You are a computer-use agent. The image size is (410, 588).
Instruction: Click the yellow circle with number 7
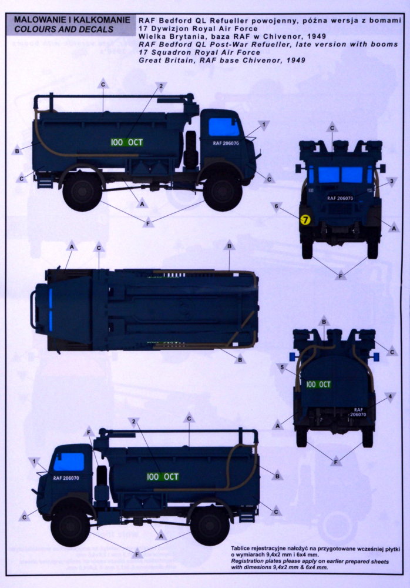[x=306, y=220]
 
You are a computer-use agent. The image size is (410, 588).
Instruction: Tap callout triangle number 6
[x=277, y=206]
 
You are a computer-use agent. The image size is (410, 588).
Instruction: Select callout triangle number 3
[x=392, y=182]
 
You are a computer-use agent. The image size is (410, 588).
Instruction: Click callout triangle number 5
[x=282, y=367]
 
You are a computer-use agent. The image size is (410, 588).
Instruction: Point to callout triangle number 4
[x=390, y=397]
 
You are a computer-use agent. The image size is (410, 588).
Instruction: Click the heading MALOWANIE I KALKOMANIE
[x=72, y=19]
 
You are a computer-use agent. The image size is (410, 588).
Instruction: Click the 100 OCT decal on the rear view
[x=318, y=385]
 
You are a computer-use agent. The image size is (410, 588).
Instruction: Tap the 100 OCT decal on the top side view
[x=127, y=142]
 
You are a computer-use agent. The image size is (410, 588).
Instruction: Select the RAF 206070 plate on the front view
[x=340, y=198]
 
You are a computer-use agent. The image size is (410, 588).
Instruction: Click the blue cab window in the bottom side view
[x=69, y=462]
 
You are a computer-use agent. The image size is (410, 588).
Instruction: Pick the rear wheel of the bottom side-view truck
[x=210, y=526]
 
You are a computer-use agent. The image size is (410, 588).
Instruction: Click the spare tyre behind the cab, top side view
[x=191, y=149]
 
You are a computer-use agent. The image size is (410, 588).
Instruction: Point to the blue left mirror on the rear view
[x=293, y=356]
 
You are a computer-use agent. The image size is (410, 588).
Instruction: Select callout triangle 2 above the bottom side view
[x=133, y=422]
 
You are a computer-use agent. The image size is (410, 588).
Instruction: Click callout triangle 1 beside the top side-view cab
[x=264, y=125]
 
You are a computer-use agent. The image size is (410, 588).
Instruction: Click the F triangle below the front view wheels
[x=341, y=276]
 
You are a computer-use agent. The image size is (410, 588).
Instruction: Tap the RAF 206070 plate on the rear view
[x=358, y=412]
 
